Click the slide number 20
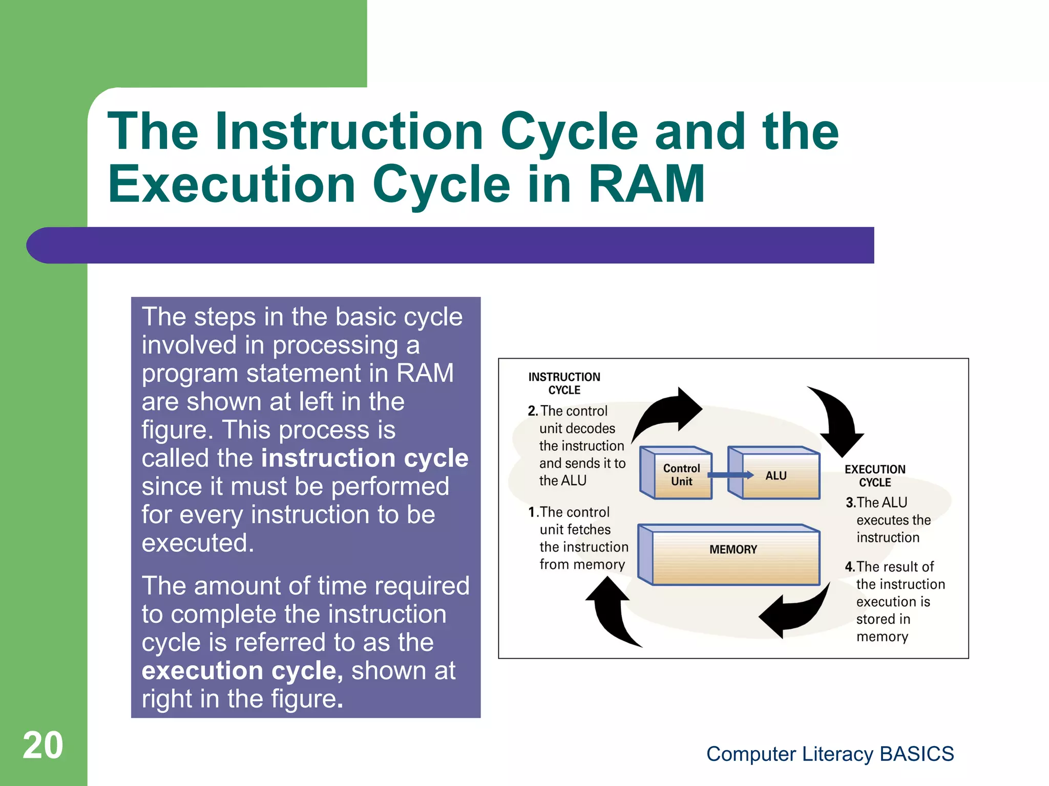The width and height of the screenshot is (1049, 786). click(43, 746)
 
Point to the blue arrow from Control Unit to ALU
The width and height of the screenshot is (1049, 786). click(730, 475)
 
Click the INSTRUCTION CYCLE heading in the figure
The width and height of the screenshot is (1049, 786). click(564, 383)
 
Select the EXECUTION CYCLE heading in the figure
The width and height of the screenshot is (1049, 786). click(875, 475)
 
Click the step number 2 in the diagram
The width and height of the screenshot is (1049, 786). click(533, 411)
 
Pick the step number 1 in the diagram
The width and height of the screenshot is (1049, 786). click(533, 512)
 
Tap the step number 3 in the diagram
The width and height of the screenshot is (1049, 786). click(850, 503)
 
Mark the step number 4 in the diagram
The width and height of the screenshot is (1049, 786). click(850, 567)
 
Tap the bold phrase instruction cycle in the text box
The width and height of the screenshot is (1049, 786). click(365, 458)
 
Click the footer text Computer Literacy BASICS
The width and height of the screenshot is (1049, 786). click(830, 754)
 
